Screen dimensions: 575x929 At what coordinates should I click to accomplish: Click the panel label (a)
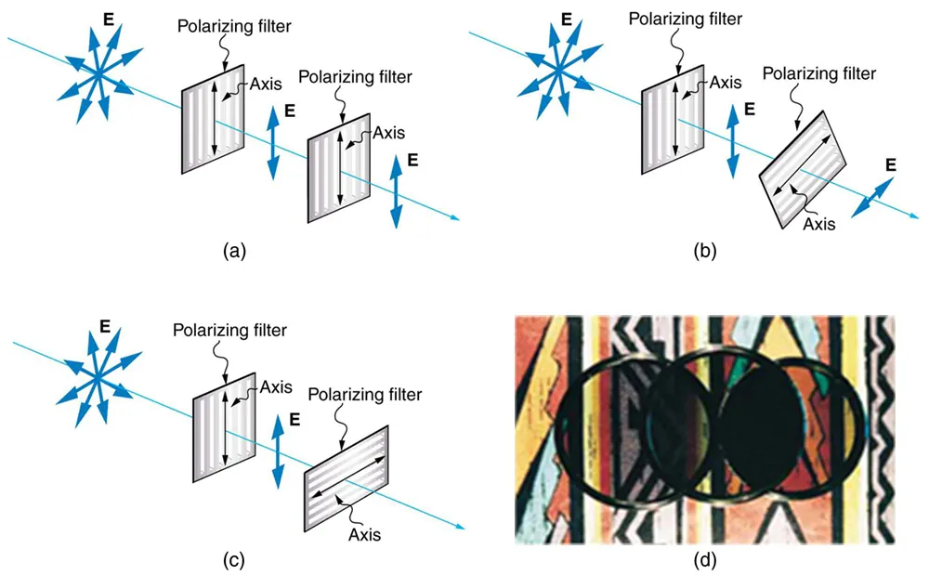234,250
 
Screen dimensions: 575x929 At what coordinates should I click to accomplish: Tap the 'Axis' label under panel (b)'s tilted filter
818,223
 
